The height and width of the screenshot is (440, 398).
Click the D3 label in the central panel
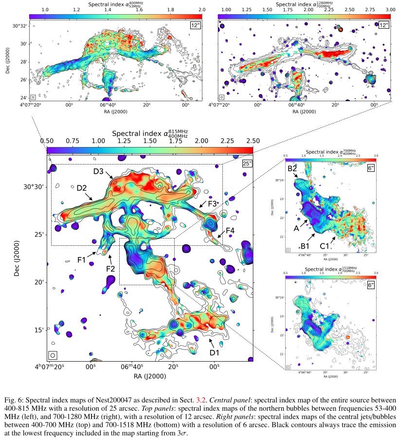(x=99, y=171)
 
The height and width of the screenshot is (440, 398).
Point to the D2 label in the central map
(x=81, y=188)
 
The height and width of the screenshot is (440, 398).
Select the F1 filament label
(x=81, y=260)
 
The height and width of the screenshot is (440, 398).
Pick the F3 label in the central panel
(x=213, y=203)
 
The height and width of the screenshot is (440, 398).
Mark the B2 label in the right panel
(x=292, y=168)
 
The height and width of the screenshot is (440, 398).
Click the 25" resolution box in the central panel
(x=247, y=163)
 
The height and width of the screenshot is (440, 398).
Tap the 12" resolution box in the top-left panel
(x=196, y=25)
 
